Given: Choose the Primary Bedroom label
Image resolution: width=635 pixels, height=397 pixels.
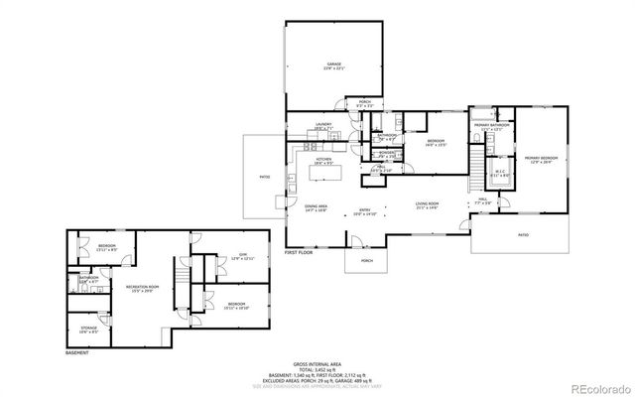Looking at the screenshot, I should click(x=541, y=159).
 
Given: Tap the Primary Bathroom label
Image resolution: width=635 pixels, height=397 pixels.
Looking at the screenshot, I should click(x=492, y=127).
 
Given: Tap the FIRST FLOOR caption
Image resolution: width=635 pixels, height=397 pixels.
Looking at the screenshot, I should click(x=299, y=254).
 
